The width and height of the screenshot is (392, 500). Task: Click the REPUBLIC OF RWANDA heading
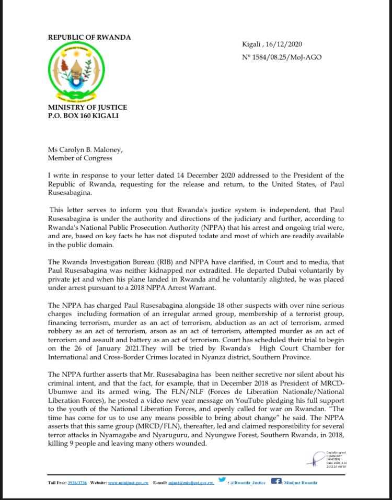[x=89, y=38]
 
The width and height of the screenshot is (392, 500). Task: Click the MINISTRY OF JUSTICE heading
[x=87, y=108]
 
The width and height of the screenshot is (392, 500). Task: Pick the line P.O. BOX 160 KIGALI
[x=83, y=115]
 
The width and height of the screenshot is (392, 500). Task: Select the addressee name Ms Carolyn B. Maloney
[x=85, y=150]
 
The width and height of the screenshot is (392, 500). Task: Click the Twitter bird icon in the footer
[x=222, y=480]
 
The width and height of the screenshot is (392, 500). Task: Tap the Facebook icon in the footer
[x=276, y=481]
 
